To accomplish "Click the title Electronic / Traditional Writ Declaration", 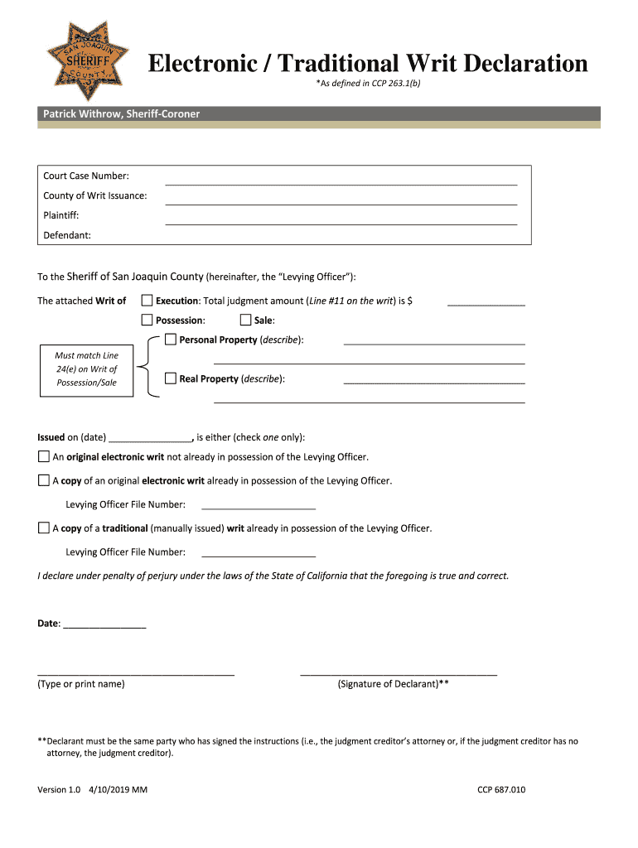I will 367,64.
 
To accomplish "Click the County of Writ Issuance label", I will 95,195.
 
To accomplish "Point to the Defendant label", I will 67,235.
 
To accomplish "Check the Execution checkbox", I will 147,301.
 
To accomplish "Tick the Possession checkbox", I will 147,320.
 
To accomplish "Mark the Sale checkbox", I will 245,320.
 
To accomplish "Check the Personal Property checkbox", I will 171,340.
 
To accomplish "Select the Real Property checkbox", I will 171,378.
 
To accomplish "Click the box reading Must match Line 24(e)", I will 86,369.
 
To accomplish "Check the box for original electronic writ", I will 43,457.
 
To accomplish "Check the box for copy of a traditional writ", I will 43,528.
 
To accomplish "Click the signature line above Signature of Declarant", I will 398,675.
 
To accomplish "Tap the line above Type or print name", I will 136,675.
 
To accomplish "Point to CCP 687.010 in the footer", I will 500,789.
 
